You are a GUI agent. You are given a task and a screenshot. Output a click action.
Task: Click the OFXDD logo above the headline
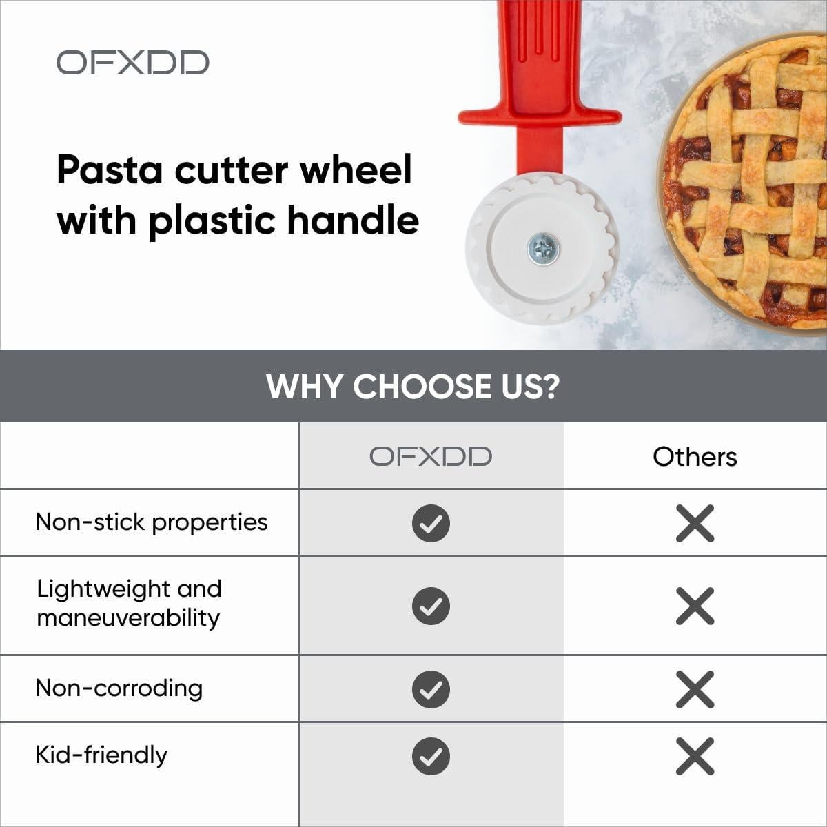pos(132,62)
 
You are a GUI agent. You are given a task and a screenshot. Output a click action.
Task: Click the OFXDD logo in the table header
pos(431,456)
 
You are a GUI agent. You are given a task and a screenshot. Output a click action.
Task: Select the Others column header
pos(695,456)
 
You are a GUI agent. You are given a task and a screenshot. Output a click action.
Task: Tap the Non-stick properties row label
pos(152,522)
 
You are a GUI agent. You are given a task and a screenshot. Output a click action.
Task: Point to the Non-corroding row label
pos(119,688)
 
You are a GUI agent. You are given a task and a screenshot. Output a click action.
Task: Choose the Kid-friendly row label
pos(101,755)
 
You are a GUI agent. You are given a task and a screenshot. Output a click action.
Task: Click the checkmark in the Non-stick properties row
pos(431,523)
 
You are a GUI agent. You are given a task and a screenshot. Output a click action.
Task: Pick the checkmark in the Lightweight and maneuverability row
pos(431,606)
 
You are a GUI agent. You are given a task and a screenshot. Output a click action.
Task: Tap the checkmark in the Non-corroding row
pos(431,689)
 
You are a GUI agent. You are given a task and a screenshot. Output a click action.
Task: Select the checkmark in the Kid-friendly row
pos(431,756)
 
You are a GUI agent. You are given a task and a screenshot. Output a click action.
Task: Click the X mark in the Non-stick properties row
pos(695,523)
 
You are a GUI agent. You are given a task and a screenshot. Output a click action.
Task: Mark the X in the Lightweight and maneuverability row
pos(695,606)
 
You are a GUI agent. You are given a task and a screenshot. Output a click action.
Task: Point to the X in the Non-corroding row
pos(695,689)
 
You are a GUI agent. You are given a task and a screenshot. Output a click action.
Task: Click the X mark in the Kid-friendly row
pos(695,756)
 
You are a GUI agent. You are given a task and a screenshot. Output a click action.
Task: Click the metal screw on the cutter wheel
pos(543,249)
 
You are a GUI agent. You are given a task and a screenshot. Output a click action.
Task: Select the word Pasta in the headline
pos(110,170)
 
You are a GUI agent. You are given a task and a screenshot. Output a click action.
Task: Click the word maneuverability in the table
pos(128,617)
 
